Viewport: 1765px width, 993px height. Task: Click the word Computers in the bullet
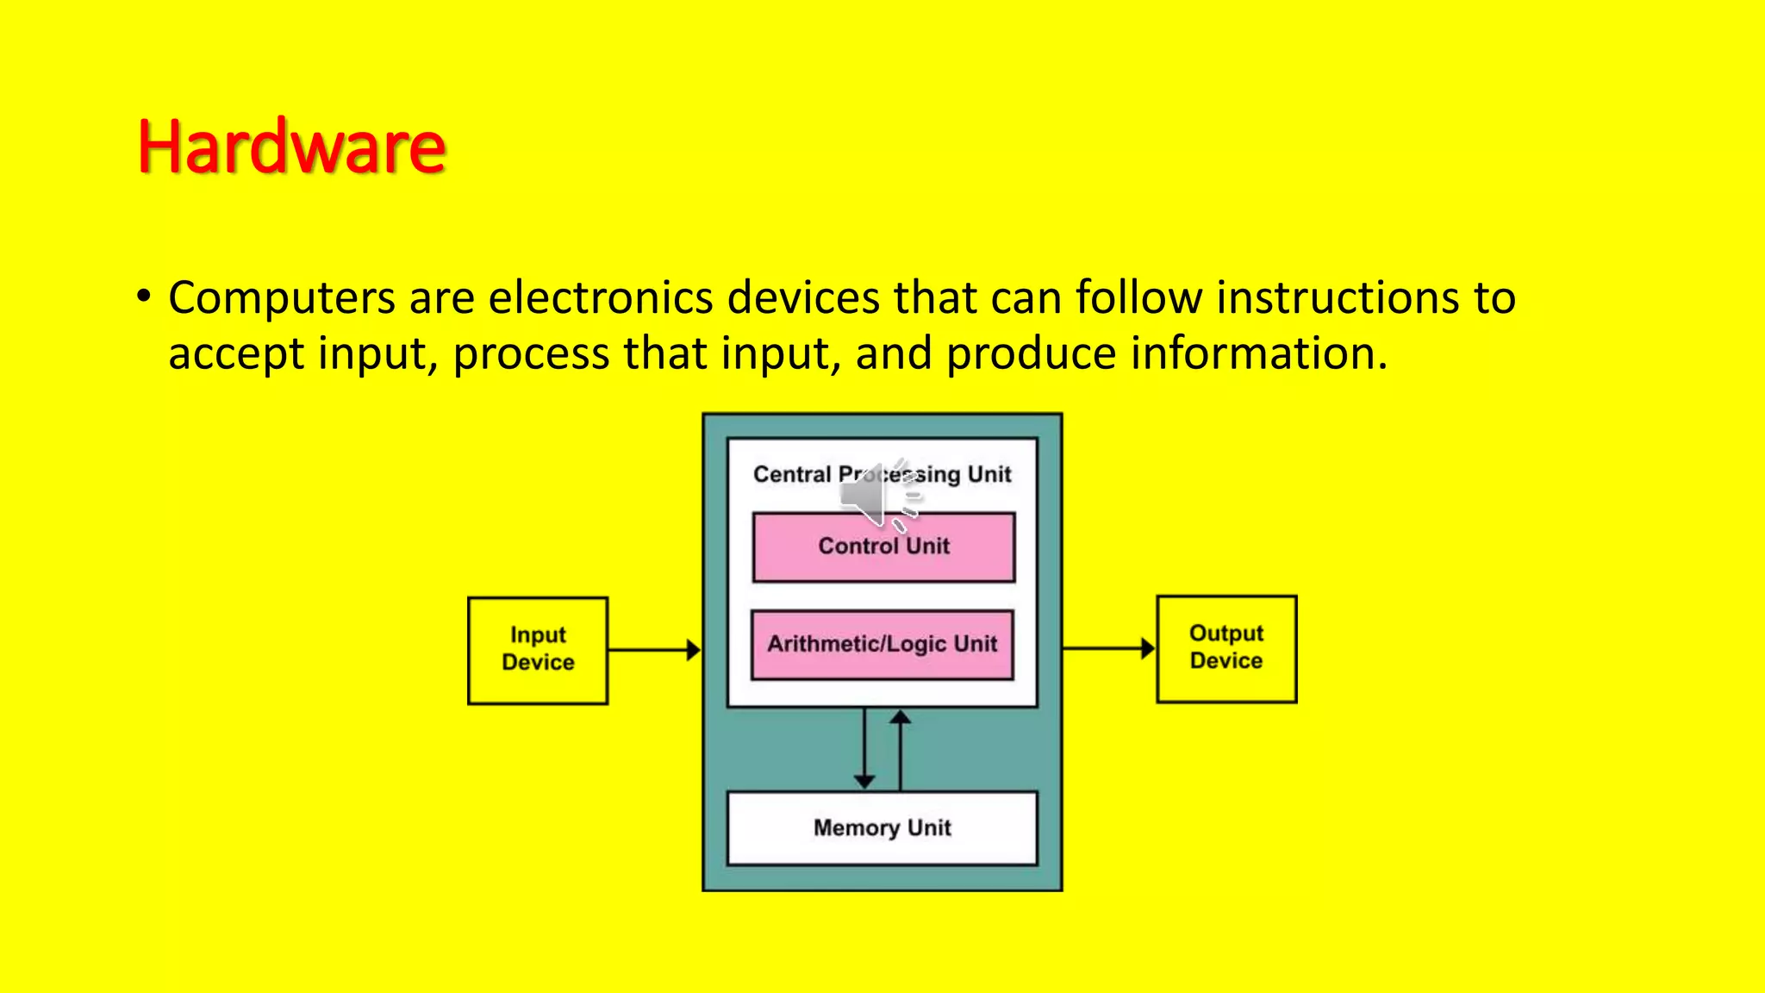coord(281,298)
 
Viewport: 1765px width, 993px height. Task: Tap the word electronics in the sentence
coord(600,298)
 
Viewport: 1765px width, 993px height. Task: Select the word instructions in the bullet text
coord(1338,298)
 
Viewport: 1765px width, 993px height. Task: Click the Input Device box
coord(538,650)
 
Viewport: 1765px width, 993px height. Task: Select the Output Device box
coord(1226,648)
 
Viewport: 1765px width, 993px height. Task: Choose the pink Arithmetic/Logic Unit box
coord(882,645)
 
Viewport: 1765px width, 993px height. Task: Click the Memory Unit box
coord(882,827)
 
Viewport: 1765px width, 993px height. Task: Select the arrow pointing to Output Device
coord(1108,648)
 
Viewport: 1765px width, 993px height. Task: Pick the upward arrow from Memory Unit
coord(901,750)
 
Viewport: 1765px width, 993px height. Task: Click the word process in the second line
coord(531,353)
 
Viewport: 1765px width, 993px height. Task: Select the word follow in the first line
coord(1138,298)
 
